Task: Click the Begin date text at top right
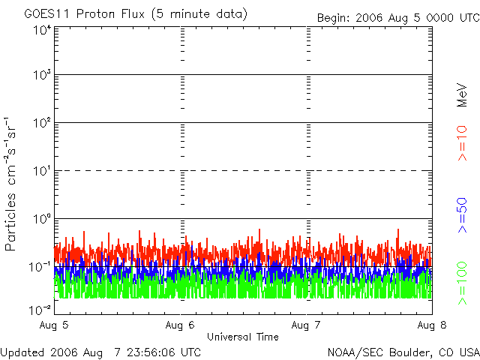(x=398, y=18)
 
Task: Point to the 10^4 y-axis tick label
(x=42, y=30)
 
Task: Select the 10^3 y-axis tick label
(x=42, y=75)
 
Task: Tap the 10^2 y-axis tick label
(x=42, y=123)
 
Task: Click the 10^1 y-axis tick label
(x=42, y=171)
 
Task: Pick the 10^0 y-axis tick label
(x=42, y=219)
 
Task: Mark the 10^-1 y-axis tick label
(x=40, y=267)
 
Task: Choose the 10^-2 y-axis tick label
(x=40, y=310)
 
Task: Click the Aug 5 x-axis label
(x=54, y=325)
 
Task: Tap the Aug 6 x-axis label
(x=180, y=325)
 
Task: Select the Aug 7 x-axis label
(x=306, y=325)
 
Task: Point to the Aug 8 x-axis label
(x=432, y=325)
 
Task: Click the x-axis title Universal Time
(x=243, y=337)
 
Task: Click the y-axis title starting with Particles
(x=10, y=184)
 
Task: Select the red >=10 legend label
(x=463, y=143)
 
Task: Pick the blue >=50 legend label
(x=463, y=215)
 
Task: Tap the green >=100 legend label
(x=463, y=283)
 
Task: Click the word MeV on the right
(x=462, y=95)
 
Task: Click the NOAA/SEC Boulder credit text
(x=403, y=352)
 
